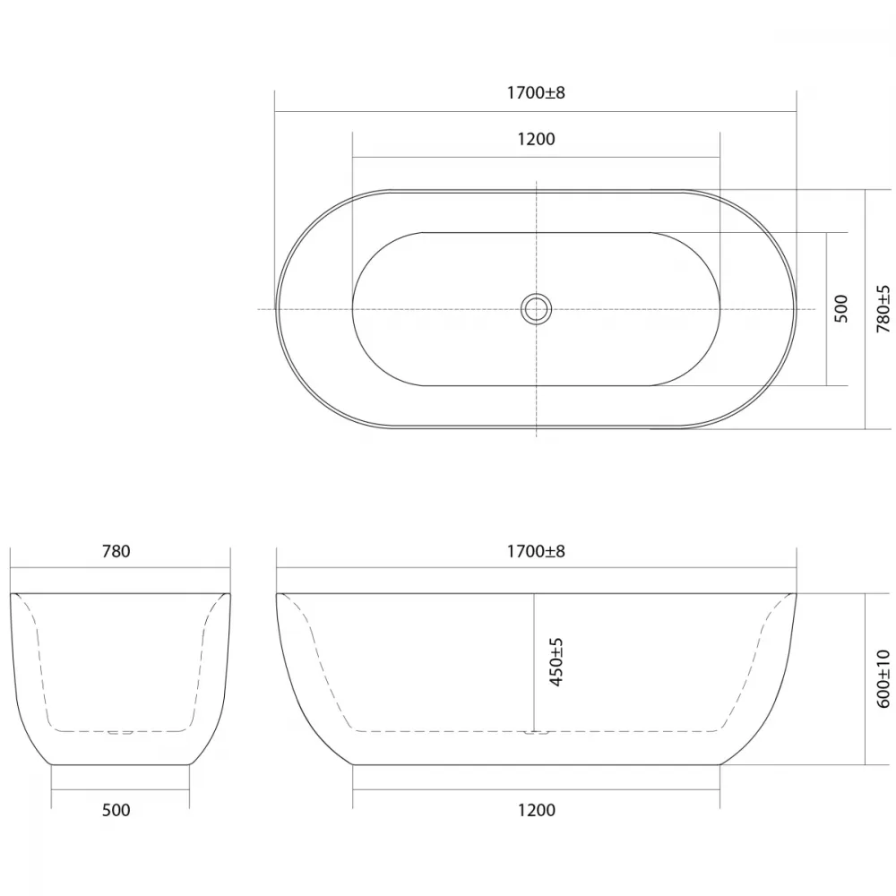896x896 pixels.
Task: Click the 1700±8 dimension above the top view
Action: click(536, 92)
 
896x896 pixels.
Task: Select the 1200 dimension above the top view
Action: click(536, 140)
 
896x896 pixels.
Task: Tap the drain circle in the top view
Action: click(536, 309)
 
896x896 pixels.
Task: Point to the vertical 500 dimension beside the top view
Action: click(841, 308)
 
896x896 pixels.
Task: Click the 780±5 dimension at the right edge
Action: click(883, 309)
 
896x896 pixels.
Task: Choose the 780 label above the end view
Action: click(116, 551)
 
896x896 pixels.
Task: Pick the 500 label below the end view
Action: click(116, 810)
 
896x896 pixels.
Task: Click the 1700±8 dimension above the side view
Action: click(536, 551)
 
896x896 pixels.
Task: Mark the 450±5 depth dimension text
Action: click(556, 662)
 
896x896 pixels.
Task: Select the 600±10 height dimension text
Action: click(883, 679)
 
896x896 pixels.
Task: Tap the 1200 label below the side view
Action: click(536, 810)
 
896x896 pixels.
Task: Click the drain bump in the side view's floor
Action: click(536, 733)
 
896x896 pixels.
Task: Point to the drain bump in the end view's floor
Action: click(120, 733)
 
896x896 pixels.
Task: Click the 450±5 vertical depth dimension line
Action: click(534, 662)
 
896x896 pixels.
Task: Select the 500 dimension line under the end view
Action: click(120, 789)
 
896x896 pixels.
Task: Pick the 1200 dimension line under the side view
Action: click(536, 789)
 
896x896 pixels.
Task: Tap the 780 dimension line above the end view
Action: click(120, 567)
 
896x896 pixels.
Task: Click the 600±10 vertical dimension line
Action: click(866, 679)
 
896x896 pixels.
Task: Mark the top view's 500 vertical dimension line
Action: click(826, 309)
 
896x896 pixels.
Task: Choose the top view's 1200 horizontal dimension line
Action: click(536, 157)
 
